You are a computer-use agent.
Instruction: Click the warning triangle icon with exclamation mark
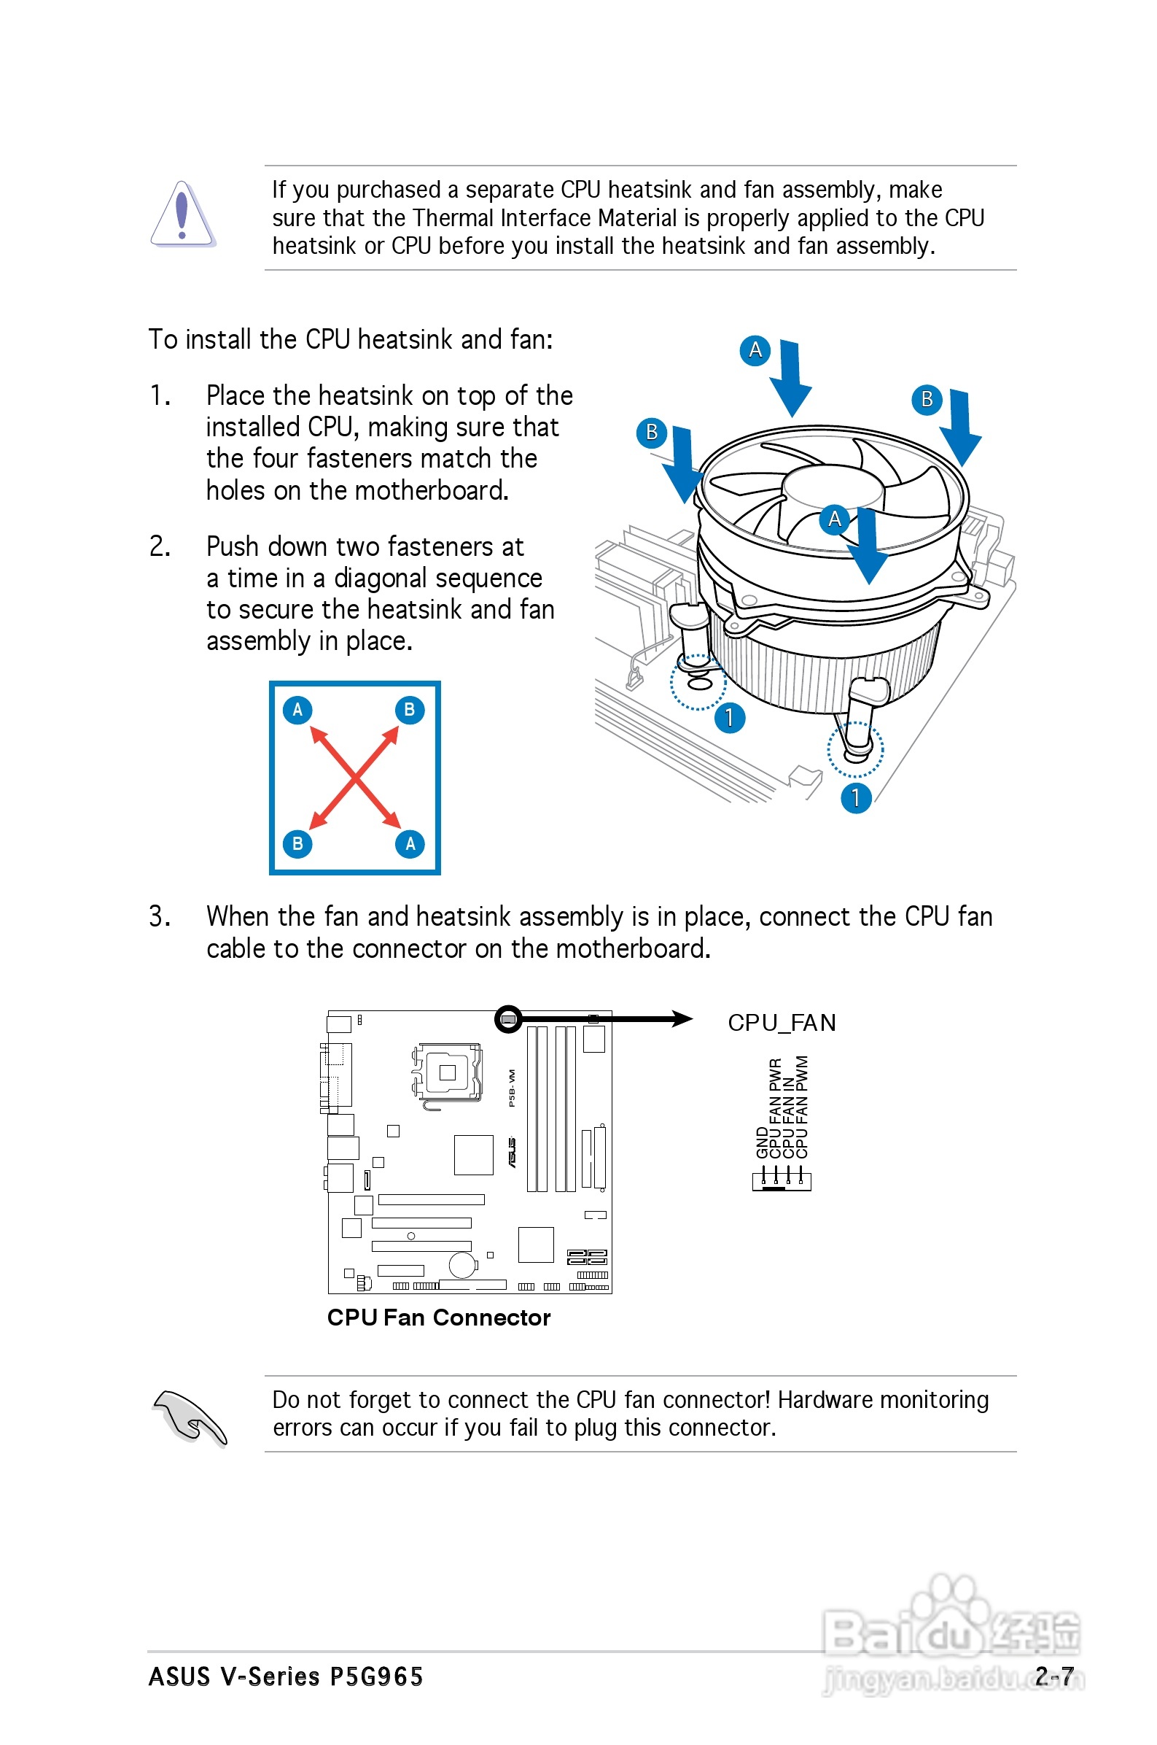point(182,214)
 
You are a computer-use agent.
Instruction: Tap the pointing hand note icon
point(190,1418)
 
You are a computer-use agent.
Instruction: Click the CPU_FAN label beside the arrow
point(782,1022)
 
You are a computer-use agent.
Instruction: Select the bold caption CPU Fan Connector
point(438,1318)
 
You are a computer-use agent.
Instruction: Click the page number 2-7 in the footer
point(1053,1676)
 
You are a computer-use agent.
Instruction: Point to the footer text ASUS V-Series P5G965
point(286,1676)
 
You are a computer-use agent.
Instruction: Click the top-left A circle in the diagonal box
point(297,710)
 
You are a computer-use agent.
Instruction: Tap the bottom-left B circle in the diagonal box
point(297,844)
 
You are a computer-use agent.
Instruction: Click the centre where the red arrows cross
point(355,777)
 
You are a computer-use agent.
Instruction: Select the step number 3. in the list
point(160,917)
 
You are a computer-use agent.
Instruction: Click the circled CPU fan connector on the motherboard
point(507,1019)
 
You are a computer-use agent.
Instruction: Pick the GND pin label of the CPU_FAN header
point(763,1142)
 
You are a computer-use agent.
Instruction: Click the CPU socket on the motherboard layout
point(447,1072)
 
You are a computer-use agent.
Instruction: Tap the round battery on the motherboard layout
point(463,1264)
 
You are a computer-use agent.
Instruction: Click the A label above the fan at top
point(755,350)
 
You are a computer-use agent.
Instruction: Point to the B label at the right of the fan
point(927,399)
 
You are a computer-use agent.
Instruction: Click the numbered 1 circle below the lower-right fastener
point(856,798)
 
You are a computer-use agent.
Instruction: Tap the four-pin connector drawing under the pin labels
point(782,1180)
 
